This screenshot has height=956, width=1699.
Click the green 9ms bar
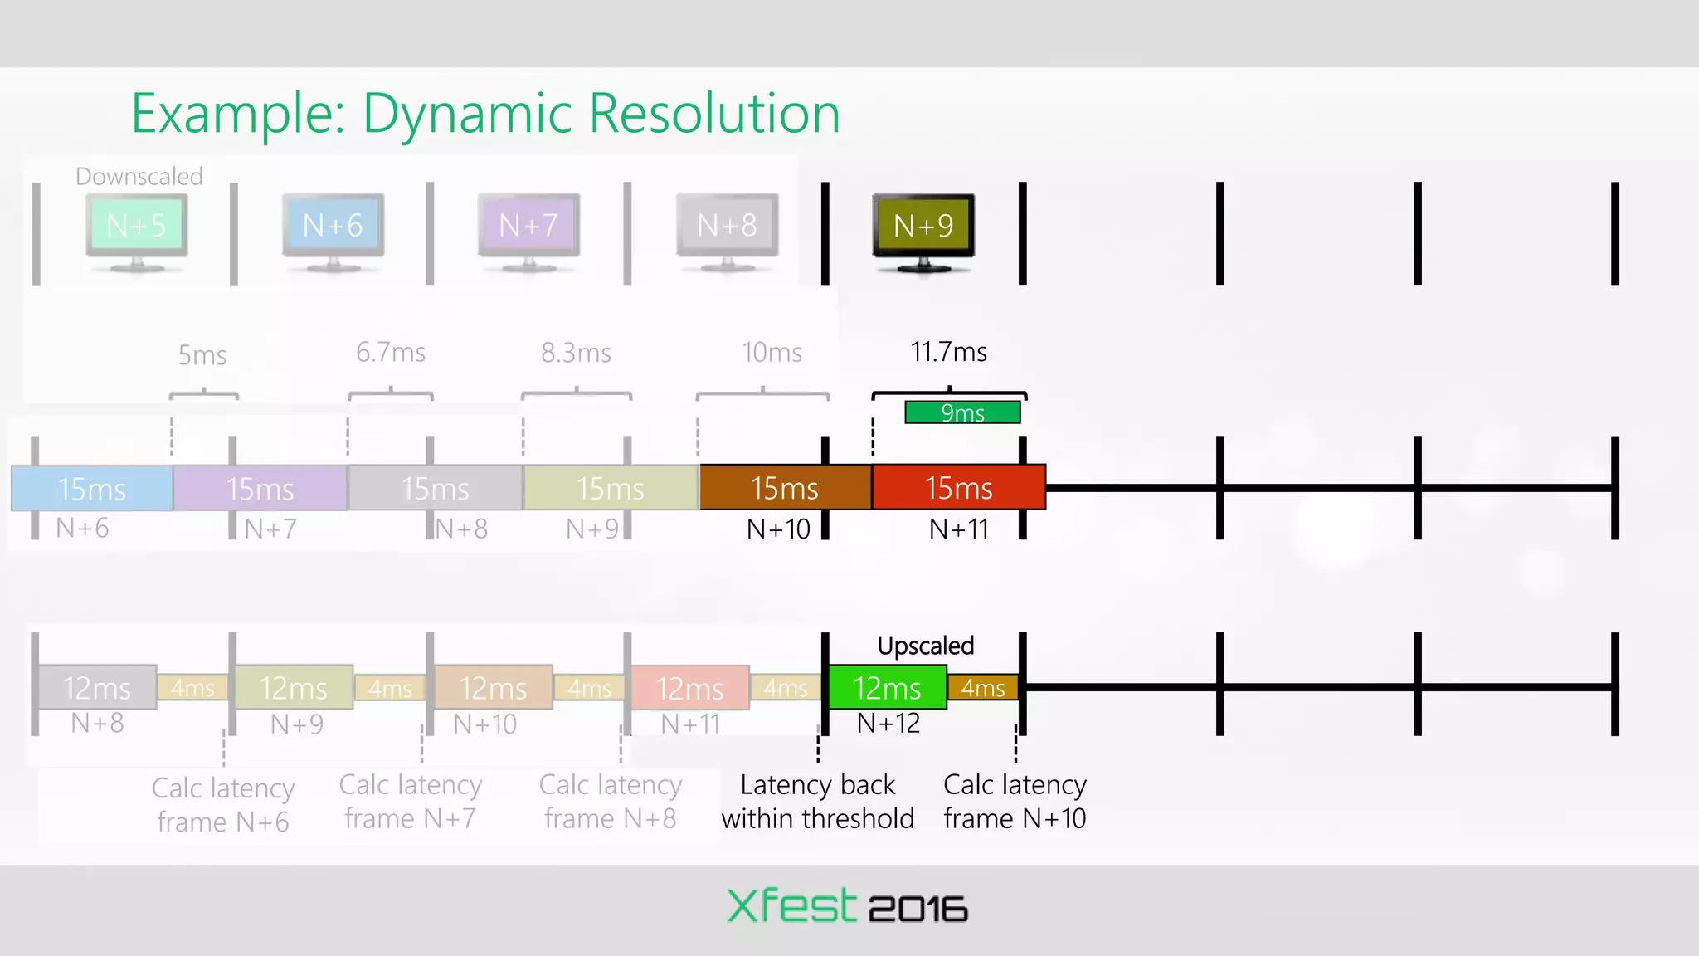[x=962, y=412]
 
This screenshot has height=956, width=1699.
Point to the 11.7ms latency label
[x=948, y=352]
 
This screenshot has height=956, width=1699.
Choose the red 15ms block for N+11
[x=958, y=488]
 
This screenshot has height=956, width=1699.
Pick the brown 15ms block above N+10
[x=785, y=488]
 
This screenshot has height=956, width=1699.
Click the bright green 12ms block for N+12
[x=887, y=688]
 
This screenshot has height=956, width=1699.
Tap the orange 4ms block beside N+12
[x=983, y=688]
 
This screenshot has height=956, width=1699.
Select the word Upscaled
[x=925, y=646]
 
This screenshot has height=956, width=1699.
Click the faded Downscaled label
[x=139, y=176]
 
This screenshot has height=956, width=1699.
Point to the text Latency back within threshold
[x=817, y=802]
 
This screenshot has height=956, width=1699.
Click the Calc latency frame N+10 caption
[x=1015, y=802]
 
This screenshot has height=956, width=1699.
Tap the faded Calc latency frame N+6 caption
[x=223, y=804]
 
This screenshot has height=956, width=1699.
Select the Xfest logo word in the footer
[x=791, y=906]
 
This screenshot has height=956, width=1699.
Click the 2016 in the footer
[x=918, y=910]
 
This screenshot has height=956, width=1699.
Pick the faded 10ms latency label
[x=772, y=353]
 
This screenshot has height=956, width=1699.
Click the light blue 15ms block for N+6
[x=92, y=489]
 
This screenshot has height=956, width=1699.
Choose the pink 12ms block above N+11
[x=689, y=688]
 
